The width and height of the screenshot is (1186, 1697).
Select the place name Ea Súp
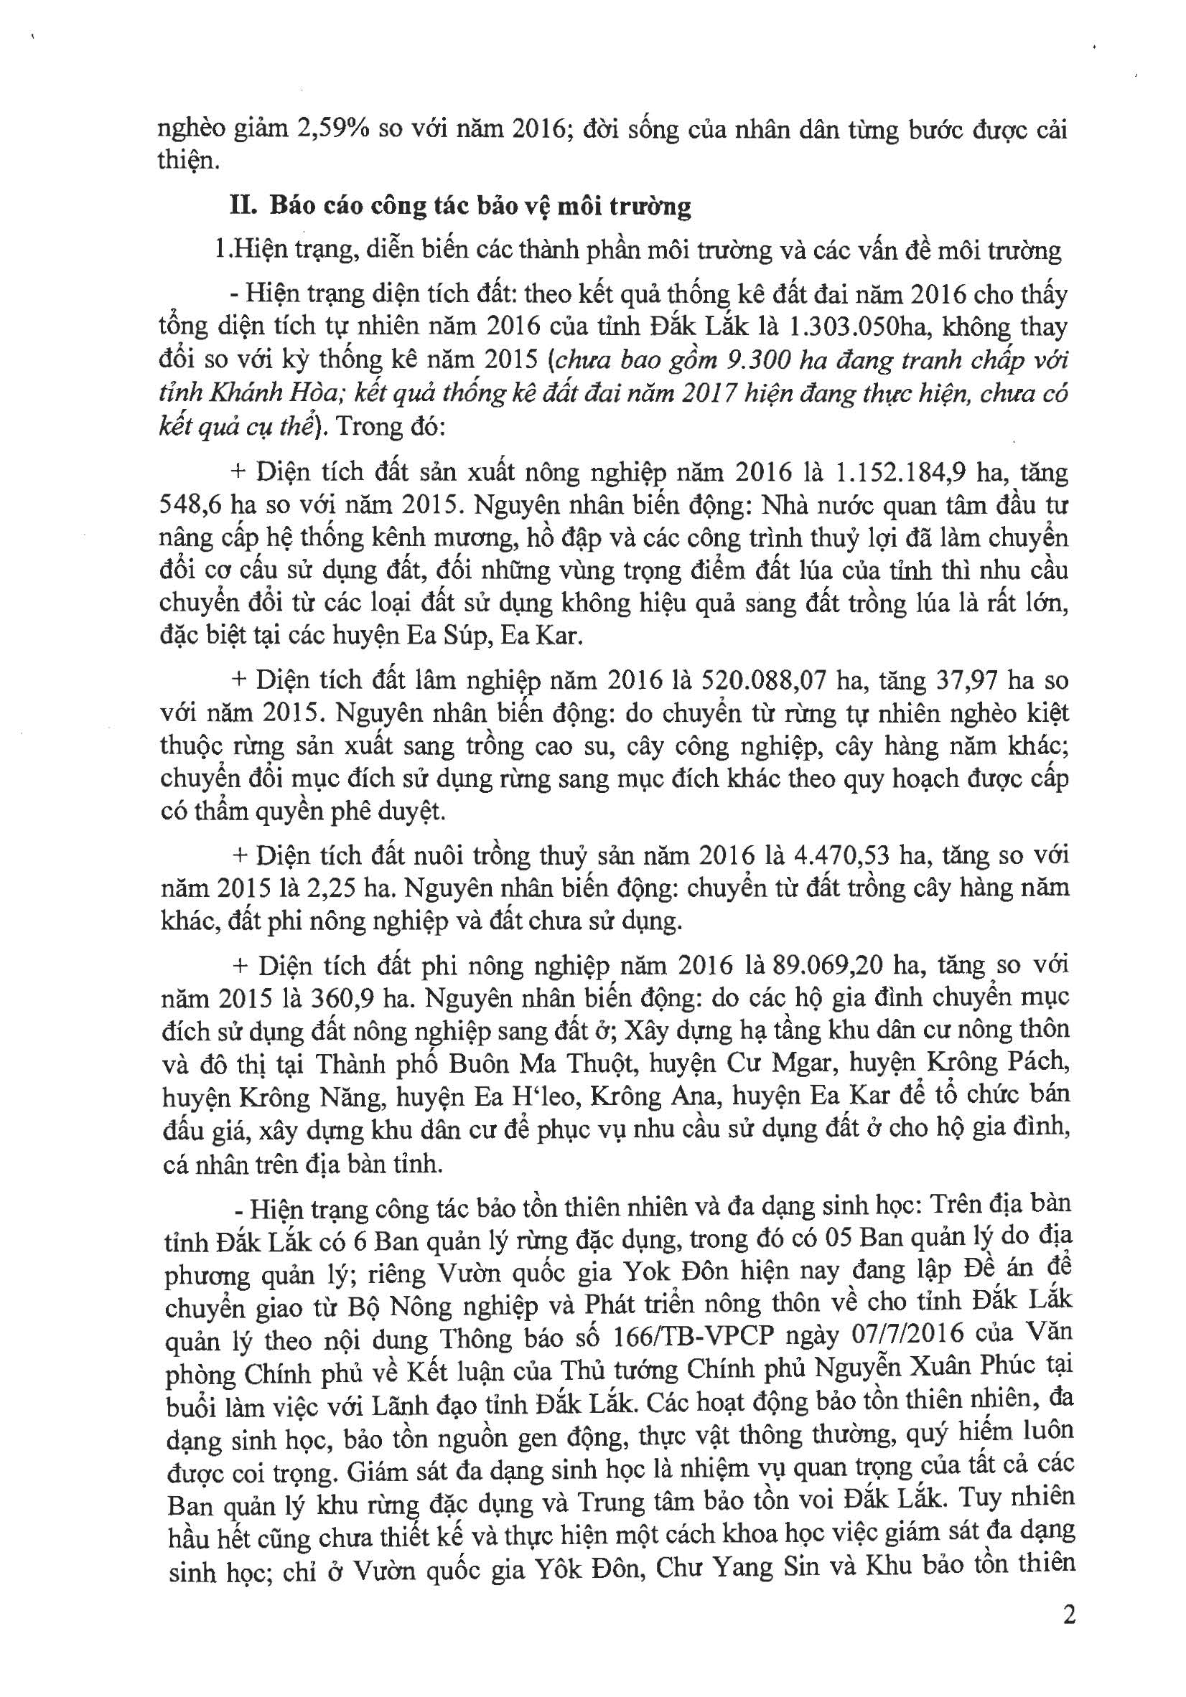450,636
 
